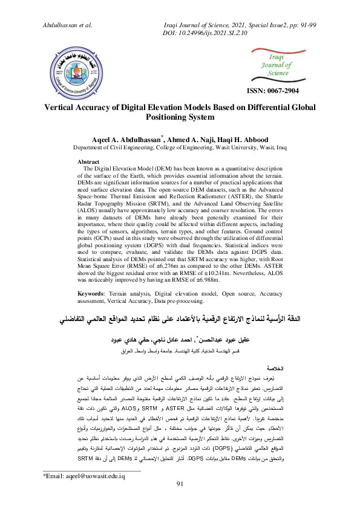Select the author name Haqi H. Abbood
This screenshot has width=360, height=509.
click(x=248, y=139)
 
